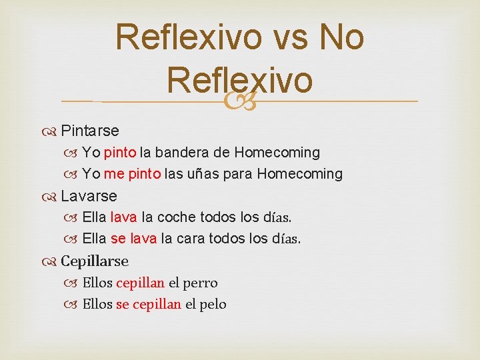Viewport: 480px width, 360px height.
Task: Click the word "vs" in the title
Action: click(x=289, y=37)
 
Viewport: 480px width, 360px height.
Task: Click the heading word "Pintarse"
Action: click(x=90, y=130)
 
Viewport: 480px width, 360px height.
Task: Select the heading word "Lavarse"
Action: click(x=89, y=196)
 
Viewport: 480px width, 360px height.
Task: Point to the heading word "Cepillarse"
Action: click(x=95, y=261)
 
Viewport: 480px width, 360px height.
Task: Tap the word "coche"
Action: click(x=177, y=217)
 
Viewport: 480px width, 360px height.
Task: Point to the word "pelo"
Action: click(x=213, y=304)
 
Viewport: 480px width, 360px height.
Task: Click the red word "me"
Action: click(x=114, y=174)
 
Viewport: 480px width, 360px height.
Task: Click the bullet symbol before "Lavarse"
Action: click(x=52, y=196)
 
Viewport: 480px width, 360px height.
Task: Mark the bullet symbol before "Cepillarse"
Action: click(x=52, y=261)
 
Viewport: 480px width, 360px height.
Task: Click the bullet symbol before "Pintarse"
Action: click(x=52, y=130)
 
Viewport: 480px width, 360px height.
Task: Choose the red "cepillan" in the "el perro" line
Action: click(x=140, y=283)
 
